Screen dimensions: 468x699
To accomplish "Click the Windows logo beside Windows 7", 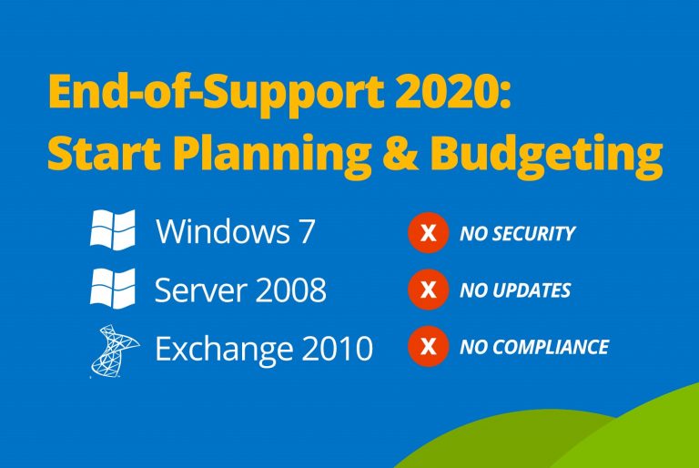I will (113, 229).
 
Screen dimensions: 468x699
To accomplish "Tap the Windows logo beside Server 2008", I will (113, 289).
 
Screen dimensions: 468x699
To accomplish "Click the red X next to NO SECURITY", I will (429, 234).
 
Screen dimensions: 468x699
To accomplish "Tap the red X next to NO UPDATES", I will (429, 291).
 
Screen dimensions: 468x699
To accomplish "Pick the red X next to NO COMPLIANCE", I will (429, 347).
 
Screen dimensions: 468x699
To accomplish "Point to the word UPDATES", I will (528, 291).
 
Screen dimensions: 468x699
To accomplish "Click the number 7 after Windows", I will (306, 231).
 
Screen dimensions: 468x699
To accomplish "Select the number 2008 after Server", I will (285, 290).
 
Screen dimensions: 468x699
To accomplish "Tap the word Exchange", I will (221, 349).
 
